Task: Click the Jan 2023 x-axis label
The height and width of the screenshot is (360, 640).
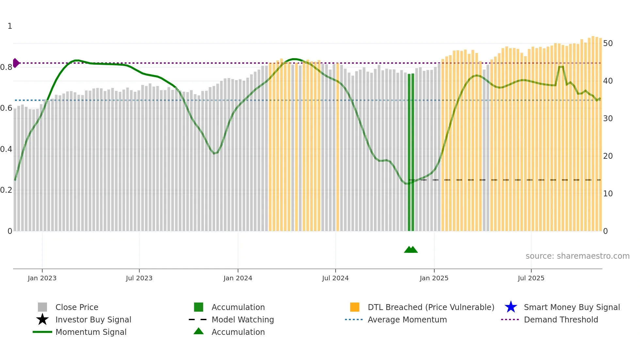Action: click(42, 278)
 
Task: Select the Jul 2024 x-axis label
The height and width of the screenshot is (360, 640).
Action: click(335, 278)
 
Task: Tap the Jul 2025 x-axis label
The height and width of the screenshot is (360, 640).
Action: click(531, 278)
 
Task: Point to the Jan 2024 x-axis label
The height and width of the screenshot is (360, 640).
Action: click(238, 278)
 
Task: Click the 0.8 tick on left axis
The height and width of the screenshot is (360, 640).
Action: click(6, 67)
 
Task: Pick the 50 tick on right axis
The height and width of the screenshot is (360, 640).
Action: click(608, 43)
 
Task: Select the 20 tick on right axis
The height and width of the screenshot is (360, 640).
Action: click(608, 156)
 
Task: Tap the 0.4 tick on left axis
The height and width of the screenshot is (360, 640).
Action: click(6, 149)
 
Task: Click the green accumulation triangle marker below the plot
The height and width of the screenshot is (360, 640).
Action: click(411, 250)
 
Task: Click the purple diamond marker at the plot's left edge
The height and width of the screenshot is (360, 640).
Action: click(16, 63)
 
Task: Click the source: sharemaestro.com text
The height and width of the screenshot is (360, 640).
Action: click(577, 256)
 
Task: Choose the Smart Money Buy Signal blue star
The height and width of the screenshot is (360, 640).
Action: click(511, 307)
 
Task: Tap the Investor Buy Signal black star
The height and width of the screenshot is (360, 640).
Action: click(42, 319)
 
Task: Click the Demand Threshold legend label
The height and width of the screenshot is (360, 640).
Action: click(561, 319)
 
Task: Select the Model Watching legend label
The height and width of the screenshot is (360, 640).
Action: click(243, 319)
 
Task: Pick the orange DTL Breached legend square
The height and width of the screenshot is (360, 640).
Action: click(355, 307)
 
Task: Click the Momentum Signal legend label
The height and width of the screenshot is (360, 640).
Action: click(91, 332)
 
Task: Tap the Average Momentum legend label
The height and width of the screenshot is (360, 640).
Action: click(407, 319)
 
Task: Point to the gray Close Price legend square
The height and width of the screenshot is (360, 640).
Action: click(42, 307)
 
